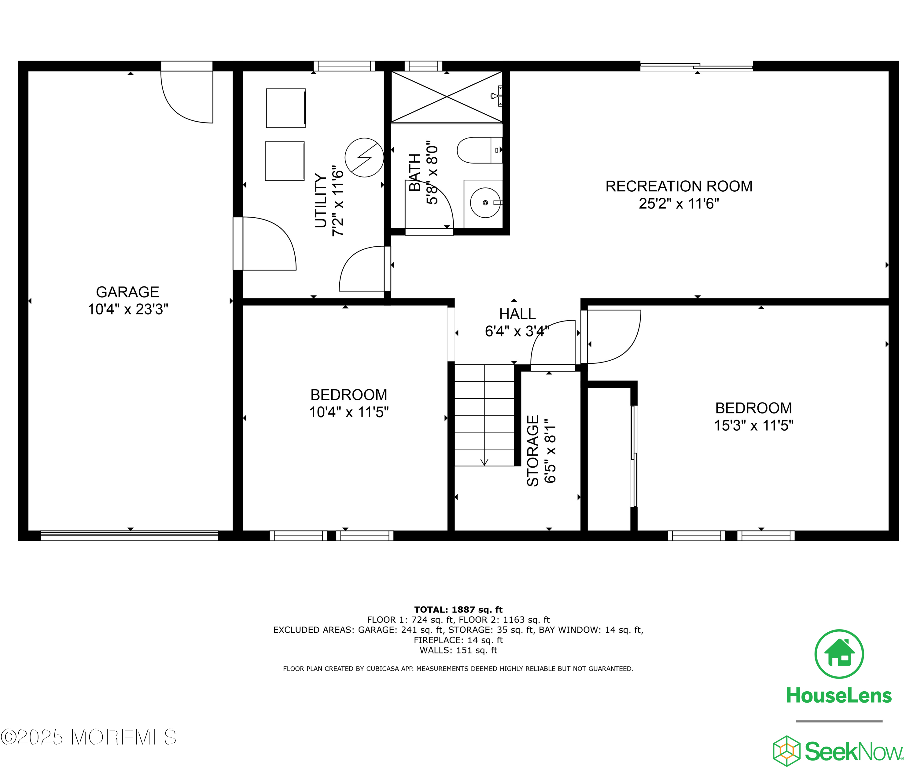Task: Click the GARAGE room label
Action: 127,292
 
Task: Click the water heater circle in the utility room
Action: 364,158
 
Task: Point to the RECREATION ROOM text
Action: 679,186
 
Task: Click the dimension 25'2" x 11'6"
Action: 679,204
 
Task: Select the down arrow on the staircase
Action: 484,462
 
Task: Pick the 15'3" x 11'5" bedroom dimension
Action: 753,425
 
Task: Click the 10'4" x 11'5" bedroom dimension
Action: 349,412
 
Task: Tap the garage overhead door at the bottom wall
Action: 130,536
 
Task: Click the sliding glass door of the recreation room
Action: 696,67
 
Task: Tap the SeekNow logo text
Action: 853,752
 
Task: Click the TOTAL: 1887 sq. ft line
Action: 458,610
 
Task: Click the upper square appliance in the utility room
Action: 285,108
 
